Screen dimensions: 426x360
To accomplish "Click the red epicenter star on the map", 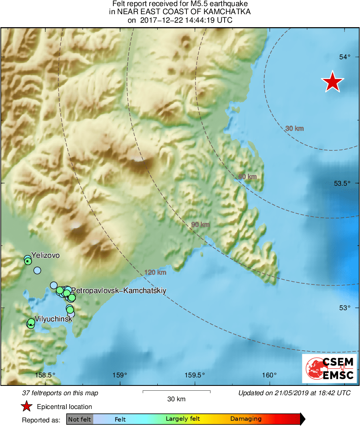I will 332,82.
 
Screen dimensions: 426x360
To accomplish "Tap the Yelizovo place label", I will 45,255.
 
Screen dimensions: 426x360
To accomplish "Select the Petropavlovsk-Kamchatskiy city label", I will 119,291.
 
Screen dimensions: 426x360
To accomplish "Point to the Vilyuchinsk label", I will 54,319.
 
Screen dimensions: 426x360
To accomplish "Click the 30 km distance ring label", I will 294,128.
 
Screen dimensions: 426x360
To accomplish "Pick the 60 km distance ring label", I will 247,177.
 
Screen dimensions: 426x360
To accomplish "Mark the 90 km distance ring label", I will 200,225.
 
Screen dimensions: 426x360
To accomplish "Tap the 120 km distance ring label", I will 156,273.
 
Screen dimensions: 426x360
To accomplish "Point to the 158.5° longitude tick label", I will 45,375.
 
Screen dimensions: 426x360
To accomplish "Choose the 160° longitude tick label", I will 269,375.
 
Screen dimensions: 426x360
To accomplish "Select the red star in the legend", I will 26,407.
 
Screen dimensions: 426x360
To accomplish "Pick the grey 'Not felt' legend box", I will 79,419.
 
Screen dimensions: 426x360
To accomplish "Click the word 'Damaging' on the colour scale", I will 246,419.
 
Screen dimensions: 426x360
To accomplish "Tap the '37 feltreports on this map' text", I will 60,393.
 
